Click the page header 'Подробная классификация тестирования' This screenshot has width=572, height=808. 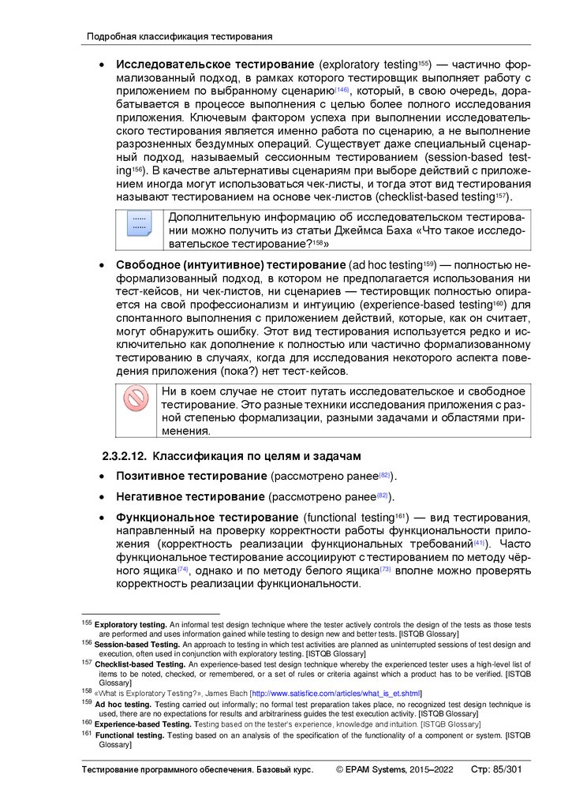click(179, 36)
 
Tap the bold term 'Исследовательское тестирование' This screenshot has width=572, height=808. click(215, 64)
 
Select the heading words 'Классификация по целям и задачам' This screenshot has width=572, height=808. click(256, 457)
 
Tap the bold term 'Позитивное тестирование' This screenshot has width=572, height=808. click(191, 477)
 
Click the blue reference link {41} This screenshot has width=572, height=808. click(479, 544)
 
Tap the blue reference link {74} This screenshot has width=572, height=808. click(183, 570)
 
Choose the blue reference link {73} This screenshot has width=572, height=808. click(386, 570)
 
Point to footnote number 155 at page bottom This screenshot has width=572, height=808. click(88, 623)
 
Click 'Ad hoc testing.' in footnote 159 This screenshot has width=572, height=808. click(123, 705)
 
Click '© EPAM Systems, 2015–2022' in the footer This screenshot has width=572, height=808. click(394, 769)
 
